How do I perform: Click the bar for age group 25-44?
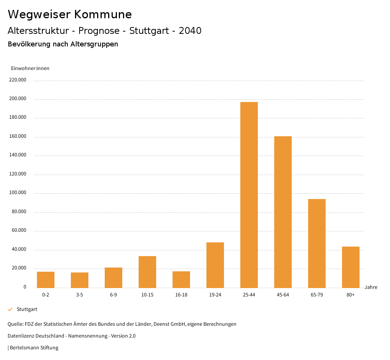point(249,195)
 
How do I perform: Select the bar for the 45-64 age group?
point(283,212)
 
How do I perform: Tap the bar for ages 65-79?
point(317,244)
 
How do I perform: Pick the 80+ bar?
point(351,267)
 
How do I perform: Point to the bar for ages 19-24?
point(215,265)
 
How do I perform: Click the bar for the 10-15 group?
point(147,272)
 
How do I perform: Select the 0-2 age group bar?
point(46,280)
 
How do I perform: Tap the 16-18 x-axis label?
point(181,295)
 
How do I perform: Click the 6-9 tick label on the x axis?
point(113,295)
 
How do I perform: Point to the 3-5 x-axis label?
point(80,295)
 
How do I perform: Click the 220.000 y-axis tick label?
point(18,80)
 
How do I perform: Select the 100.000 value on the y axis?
point(18,193)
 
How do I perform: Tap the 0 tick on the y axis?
point(25,287)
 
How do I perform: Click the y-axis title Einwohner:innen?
point(30,68)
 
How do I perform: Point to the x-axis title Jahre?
point(371,287)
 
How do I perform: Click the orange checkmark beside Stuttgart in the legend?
point(10,309)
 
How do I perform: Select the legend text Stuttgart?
point(27,309)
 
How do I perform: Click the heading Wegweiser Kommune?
point(70,14)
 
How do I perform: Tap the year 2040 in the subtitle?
point(190,31)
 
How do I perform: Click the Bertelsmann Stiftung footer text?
point(34,348)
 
